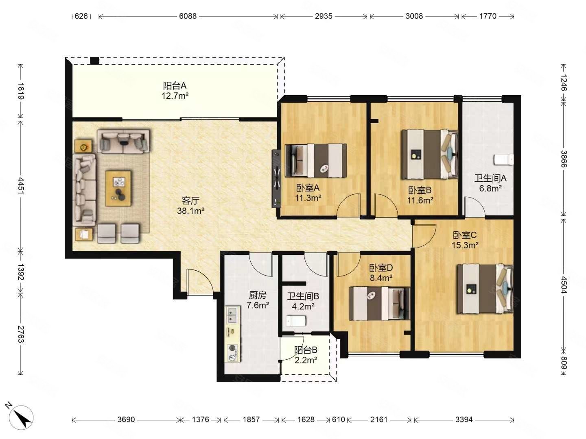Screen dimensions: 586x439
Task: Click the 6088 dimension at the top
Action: [188, 16]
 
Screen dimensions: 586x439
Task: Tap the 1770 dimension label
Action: [488, 16]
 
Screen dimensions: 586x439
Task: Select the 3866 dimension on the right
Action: [563, 159]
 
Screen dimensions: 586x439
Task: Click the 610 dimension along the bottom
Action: [338, 420]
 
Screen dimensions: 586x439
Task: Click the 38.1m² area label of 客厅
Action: [190, 211]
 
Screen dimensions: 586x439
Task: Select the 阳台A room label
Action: [175, 86]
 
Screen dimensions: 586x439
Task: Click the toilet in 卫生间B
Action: [296, 321]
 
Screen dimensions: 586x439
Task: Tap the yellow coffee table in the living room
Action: [118, 189]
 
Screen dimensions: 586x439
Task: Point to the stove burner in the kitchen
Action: [232, 348]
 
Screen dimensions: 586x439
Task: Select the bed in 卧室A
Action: [316, 161]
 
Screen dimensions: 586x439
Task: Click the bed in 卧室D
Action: [379, 304]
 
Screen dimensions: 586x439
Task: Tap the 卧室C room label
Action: [465, 235]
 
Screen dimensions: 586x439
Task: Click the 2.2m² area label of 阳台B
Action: [306, 361]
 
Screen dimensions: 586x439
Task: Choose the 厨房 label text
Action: [257, 295]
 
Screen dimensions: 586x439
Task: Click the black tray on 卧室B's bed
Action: [415, 154]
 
